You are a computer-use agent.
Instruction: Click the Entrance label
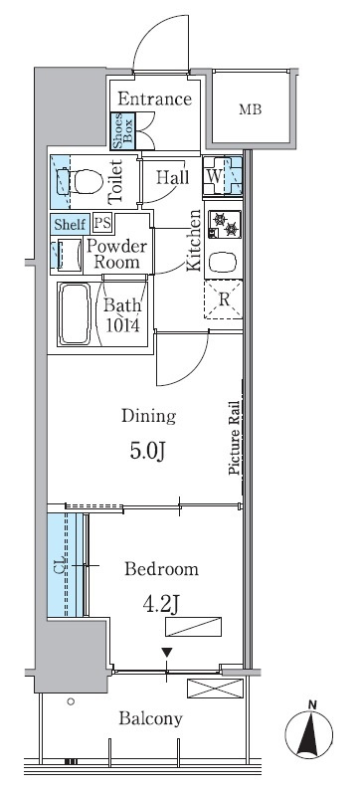tap(154, 99)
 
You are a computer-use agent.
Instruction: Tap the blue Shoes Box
tap(123, 130)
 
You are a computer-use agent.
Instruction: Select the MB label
tap(251, 109)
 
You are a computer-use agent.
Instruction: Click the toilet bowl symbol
tap(85, 182)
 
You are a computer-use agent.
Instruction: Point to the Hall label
tap(172, 177)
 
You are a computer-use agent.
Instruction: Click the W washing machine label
tap(214, 177)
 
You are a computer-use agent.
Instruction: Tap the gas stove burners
tap(225, 224)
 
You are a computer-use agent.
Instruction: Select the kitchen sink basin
tap(223, 263)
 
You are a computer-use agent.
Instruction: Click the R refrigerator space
tap(223, 299)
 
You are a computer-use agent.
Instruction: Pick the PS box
tap(103, 223)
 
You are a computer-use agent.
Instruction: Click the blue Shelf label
tap(71, 224)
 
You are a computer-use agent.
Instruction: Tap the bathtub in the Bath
tap(75, 313)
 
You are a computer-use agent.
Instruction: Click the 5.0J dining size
tap(148, 451)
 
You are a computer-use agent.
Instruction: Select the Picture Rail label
tap(234, 438)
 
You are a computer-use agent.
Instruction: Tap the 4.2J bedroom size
tap(161, 604)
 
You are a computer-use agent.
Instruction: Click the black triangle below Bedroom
tap(167, 653)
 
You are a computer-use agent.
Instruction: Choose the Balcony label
tap(150, 718)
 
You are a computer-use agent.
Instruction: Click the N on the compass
tap(312, 703)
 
